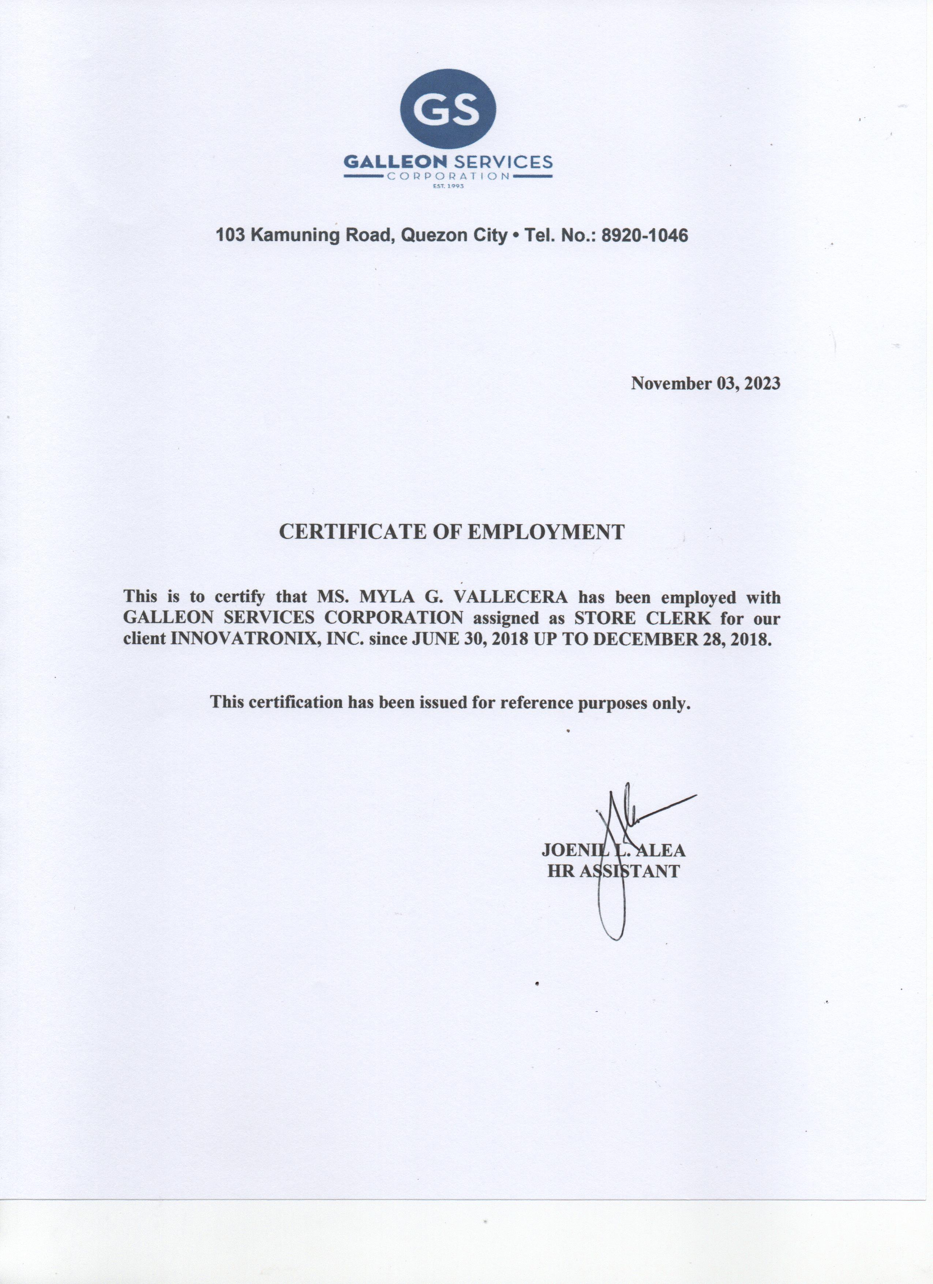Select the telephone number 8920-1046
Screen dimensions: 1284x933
pos(644,235)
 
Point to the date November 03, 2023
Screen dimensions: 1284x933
pos(705,383)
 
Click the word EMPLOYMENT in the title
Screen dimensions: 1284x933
pos(547,532)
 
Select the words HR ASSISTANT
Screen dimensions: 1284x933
pos(613,871)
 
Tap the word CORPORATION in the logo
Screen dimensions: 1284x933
pos(448,176)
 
